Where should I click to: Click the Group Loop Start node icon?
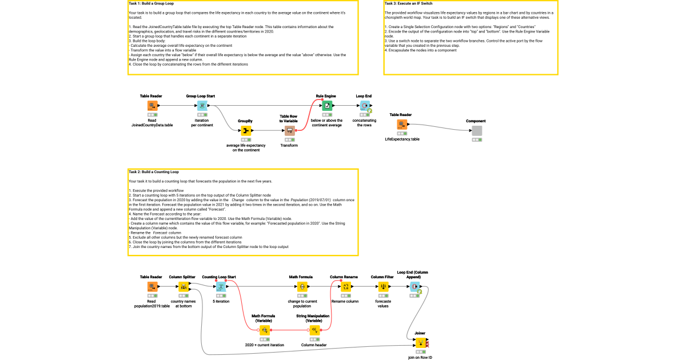(202, 106)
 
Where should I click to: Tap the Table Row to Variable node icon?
(290, 131)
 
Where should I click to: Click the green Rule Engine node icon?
(326, 106)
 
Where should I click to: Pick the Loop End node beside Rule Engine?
(364, 106)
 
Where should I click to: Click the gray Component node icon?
(477, 131)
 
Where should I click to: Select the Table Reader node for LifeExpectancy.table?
(402, 125)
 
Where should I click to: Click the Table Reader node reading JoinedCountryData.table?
(152, 106)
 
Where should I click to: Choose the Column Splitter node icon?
(184, 287)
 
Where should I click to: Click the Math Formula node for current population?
(302, 287)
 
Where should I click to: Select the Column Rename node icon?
(345, 287)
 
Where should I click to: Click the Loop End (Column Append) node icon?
(414, 287)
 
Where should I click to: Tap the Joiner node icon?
(420, 343)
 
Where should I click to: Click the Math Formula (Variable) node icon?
(264, 330)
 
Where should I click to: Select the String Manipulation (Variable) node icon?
(313, 330)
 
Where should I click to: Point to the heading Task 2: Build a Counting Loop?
(154, 171)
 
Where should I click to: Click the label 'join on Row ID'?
(420, 357)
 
